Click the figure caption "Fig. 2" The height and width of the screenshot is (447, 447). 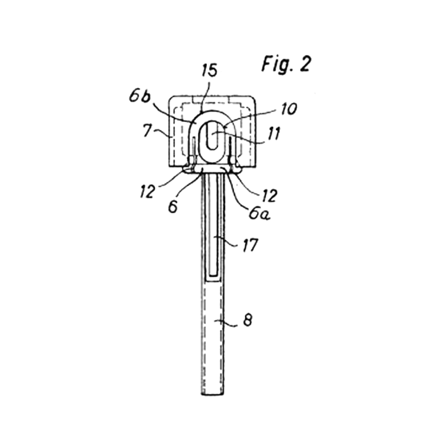click(x=286, y=64)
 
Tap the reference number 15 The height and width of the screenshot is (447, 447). click(x=210, y=70)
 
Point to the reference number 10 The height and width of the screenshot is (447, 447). click(x=289, y=109)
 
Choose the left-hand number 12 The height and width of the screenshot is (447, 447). click(x=148, y=191)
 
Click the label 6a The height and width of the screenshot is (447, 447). click(x=259, y=213)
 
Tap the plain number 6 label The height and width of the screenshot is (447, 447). click(x=173, y=207)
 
